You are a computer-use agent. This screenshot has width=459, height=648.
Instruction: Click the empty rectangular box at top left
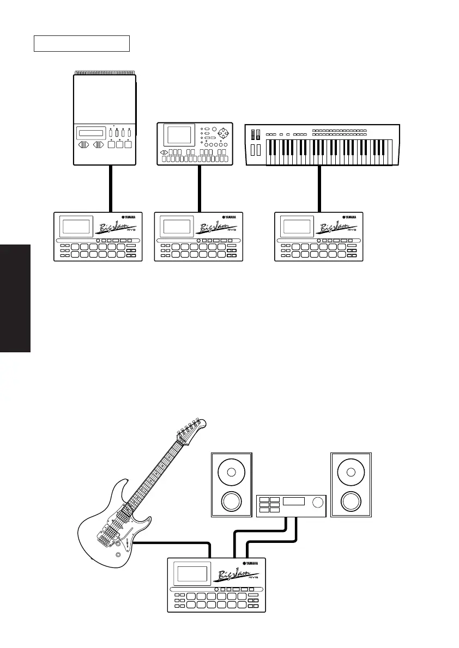(81, 44)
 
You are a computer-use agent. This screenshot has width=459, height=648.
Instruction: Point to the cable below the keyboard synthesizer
(319, 188)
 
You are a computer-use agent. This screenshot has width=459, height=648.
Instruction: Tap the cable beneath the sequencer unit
(201, 188)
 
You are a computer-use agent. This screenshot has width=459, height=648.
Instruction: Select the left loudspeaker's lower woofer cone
(232, 502)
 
